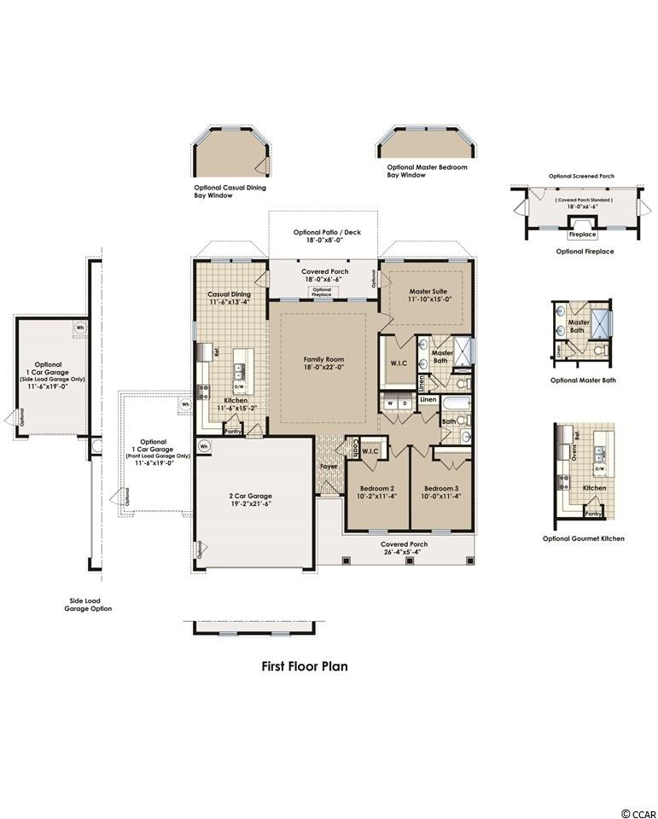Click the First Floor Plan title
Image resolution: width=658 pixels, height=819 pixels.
click(304, 666)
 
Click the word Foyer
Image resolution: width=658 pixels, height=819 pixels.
click(329, 467)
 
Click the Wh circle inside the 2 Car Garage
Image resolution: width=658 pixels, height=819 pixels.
click(204, 445)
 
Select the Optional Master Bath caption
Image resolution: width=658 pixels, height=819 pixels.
click(582, 380)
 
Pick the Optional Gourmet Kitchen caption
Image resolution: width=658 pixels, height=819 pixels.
click(583, 538)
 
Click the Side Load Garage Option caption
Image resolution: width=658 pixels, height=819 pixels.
click(90, 604)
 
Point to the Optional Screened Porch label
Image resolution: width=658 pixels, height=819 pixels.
click(581, 177)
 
